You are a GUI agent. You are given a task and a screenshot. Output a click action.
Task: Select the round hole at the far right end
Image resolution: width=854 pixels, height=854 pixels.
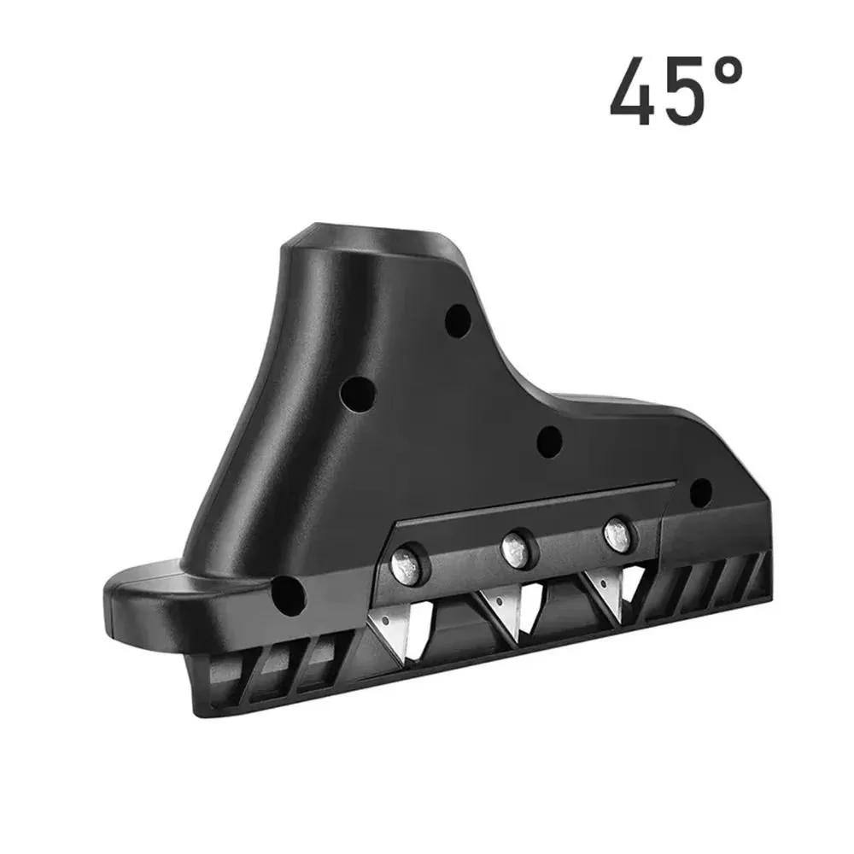(x=700, y=492)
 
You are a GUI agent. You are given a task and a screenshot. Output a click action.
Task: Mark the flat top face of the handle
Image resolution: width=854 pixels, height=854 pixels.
(x=376, y=235)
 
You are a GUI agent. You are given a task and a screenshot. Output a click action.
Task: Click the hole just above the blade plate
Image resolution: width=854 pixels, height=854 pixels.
(x=549, y=442)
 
